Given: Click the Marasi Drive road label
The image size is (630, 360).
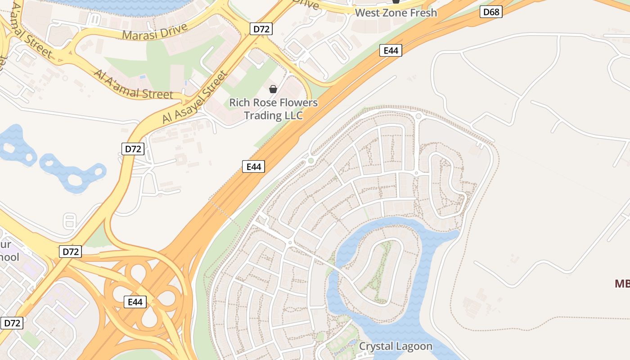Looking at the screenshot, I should click(155, 31).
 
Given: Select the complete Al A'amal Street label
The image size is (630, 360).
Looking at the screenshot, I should click(133, 84).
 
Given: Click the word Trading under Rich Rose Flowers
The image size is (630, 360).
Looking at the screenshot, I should click(263, 115).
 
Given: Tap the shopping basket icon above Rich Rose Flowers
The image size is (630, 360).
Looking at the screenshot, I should click(273, 89).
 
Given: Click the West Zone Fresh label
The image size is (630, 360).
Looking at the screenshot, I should click(396, 13).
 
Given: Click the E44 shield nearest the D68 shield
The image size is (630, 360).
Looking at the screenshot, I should click(391, 50).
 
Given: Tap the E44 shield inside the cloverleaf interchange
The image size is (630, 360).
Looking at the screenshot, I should click(135, 302).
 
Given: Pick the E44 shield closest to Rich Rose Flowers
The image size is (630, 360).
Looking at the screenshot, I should click(254, 166).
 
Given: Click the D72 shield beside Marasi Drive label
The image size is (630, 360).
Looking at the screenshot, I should click(261, 29).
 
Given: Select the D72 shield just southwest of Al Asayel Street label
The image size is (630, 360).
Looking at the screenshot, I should click(133, 149).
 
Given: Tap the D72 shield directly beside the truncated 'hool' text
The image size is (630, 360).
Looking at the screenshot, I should click(71, 252).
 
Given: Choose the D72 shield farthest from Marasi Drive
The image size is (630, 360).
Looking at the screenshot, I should click(12, 323).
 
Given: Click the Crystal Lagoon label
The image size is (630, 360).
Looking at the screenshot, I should click(396, 346).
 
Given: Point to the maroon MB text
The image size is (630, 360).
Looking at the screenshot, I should click(622, 283).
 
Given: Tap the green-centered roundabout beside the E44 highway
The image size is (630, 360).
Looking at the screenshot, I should click(310, 161).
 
